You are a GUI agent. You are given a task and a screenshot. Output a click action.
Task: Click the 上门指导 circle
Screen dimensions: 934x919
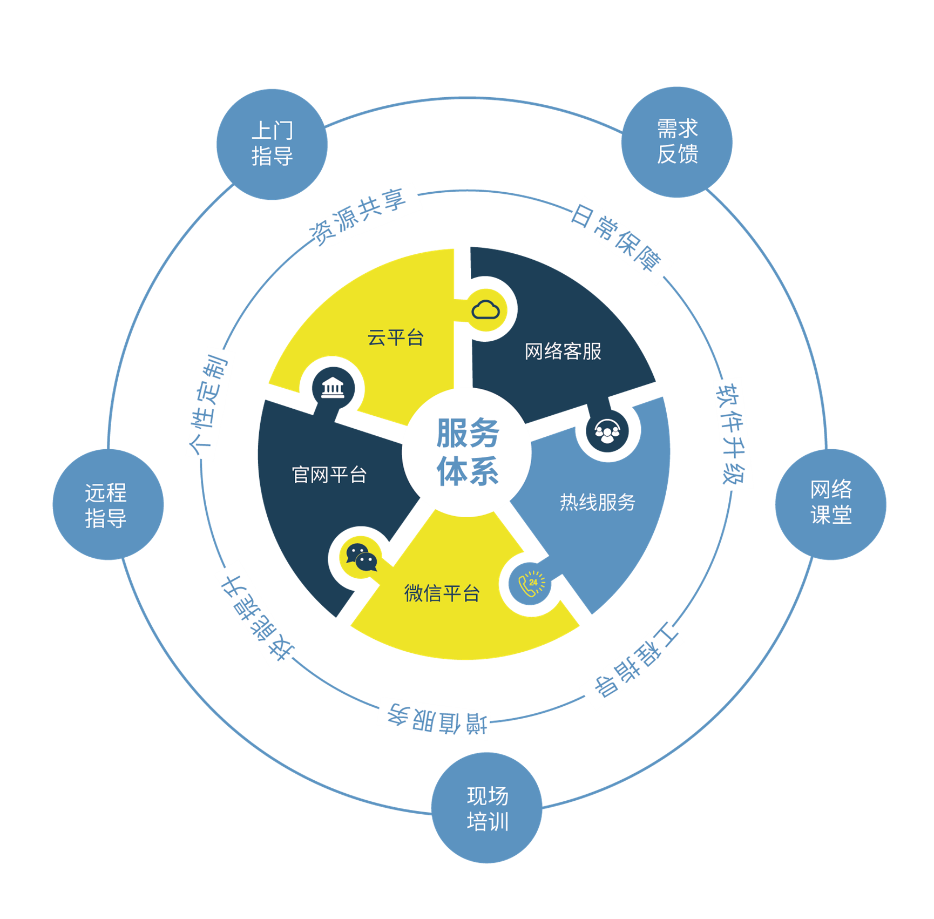point(272,144)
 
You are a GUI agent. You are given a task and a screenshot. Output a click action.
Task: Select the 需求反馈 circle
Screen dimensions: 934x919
point(677,142)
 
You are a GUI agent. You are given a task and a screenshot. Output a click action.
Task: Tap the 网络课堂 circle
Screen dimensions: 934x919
point(831,504)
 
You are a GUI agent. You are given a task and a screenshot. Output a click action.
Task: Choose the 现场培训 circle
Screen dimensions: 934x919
point(487,808)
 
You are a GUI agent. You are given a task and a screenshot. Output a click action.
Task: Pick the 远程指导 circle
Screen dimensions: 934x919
point(108,504)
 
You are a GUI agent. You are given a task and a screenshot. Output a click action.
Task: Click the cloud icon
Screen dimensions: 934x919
point(486,310)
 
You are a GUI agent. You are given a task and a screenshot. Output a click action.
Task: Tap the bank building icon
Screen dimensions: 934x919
point(333,388)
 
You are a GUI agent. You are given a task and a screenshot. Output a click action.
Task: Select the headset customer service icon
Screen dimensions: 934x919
point(608,431)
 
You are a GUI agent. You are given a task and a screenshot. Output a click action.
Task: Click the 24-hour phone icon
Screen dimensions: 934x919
point(531,584)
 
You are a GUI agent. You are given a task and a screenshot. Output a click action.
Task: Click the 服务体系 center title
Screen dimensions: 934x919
point(468,451)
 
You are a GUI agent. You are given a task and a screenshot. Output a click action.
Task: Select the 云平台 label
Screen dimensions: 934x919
point(395,338)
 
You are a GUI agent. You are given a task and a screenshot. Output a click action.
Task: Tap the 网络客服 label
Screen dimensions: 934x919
point(563,352)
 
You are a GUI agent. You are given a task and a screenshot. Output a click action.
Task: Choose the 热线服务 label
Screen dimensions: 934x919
point(597,502)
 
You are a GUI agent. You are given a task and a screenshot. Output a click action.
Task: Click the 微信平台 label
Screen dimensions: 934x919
point(442,593)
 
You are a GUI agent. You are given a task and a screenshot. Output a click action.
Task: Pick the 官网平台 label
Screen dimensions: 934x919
point(329,475)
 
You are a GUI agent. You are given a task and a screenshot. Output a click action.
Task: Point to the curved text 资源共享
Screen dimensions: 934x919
point(357,217)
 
